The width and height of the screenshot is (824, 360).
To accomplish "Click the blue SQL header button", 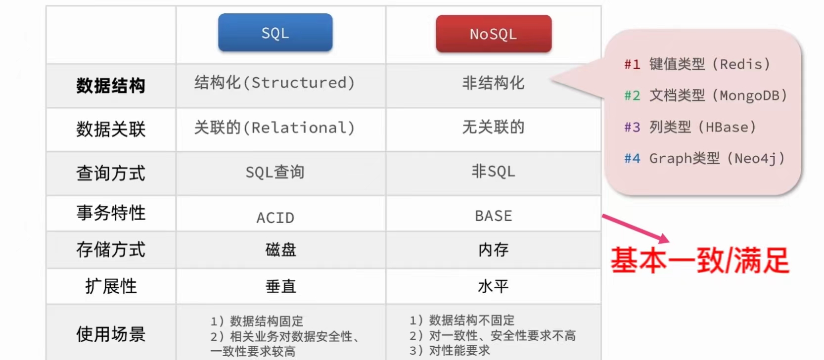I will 275,33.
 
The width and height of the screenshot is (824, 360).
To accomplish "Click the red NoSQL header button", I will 493,34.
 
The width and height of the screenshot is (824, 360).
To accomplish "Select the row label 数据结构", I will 111,86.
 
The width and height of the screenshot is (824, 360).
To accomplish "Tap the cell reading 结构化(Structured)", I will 275,83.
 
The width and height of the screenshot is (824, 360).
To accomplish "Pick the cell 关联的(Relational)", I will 275,128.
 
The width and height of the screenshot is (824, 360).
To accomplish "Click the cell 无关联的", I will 493,127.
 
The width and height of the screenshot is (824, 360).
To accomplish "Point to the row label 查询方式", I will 111,173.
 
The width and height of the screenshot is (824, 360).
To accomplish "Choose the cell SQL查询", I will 275,172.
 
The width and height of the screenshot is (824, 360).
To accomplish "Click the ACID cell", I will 275,218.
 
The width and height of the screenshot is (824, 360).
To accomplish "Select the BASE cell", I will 493,216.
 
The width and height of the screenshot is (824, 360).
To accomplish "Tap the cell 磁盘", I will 280,250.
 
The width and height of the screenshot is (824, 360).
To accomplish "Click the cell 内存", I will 493,250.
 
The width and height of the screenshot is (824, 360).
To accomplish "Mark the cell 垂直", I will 280,286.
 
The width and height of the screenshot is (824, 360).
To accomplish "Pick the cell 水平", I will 493,286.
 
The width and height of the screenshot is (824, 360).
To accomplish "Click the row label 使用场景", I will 111,334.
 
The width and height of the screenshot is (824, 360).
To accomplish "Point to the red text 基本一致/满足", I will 699,261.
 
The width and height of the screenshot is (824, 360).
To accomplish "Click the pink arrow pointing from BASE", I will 636,228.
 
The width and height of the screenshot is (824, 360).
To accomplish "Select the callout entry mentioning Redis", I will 697,64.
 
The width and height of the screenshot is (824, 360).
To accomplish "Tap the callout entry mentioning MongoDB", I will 705,95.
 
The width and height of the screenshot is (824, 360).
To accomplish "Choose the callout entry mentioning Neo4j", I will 704,159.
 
